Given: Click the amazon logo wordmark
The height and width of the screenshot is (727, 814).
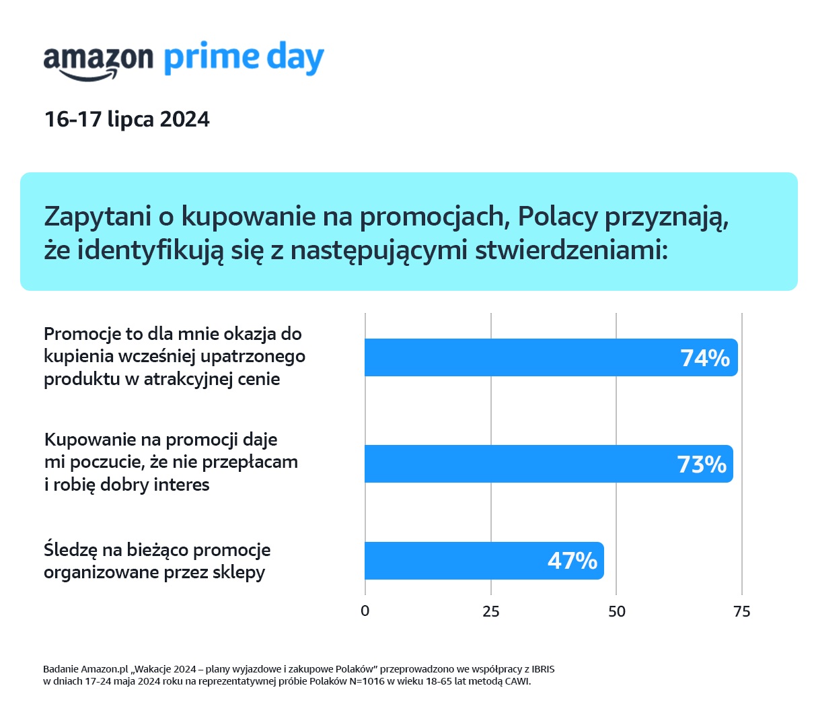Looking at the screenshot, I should (x=98, y=61).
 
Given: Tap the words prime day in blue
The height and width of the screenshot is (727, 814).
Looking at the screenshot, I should (x=244, y=58).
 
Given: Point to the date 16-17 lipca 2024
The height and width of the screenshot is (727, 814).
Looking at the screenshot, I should (x=127, y=120).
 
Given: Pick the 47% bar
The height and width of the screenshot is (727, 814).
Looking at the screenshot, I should (x=457, y=561).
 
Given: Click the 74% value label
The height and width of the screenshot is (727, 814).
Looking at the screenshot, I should (x=704, y=358).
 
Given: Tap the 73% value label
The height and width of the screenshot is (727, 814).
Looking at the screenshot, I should (x=701, y=464).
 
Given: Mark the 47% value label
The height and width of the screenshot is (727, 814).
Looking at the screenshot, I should (x=572, y=561).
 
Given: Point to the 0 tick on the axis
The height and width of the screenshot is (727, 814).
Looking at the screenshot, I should (x=365, y=611).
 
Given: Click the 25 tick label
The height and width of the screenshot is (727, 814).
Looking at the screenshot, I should (x=491, y=611).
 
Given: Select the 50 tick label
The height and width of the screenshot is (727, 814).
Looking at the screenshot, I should (x=616, y=611).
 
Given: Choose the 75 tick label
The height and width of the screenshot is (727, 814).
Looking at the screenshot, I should (x=742, y=611).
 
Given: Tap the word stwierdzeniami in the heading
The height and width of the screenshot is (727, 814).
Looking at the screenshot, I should (x=571, y=250).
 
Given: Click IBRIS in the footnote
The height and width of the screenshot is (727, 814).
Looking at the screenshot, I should (x=543, y=669).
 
